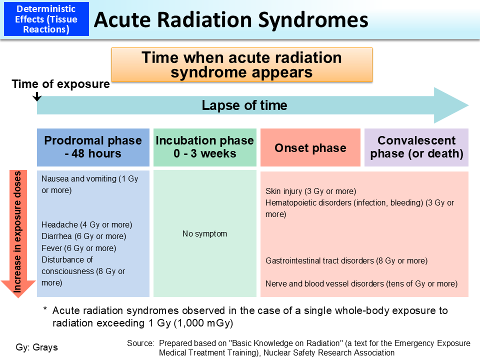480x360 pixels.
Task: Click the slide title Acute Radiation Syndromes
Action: coord(231,20)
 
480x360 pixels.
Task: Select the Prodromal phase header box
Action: coord(93,147)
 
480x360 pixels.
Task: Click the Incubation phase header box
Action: coord(205,147)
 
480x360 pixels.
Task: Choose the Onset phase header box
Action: coord(310,148)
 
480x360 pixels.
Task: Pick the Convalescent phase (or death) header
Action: coord(416,147)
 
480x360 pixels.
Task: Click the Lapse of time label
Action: coord(244,105)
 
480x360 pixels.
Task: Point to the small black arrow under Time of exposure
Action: coord(36,96)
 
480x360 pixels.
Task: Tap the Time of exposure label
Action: coord(61,84)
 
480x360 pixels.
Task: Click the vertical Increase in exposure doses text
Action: coord(18,232)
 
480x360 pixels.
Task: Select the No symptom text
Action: coord(204,233)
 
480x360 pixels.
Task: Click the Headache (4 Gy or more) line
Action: coord(87,225)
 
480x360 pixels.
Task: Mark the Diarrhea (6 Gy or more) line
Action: coord(84,236)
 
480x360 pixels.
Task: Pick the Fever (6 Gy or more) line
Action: coord(79,248)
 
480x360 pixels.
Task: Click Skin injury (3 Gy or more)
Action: coord(310,191)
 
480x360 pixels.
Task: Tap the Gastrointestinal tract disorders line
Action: coord(346,260)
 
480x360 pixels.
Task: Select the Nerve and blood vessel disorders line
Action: coord(361,283)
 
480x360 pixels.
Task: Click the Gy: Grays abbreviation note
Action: coord(37,347)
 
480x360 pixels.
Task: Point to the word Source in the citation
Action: coord(140,343)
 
